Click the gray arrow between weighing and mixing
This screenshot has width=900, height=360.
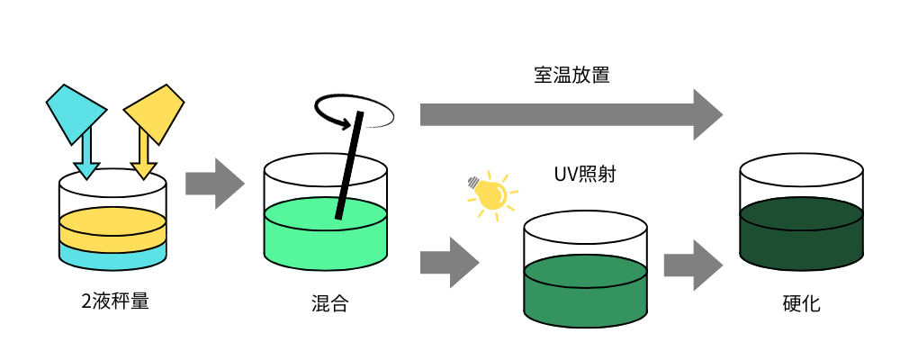pos(214,184)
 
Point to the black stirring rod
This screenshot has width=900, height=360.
pos(348,166)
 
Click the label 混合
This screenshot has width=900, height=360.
pos(323,304)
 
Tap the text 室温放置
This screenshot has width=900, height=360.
pos(572,75)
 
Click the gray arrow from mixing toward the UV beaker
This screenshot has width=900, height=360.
pos(448,262)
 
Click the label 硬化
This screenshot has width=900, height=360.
pos(802,304)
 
